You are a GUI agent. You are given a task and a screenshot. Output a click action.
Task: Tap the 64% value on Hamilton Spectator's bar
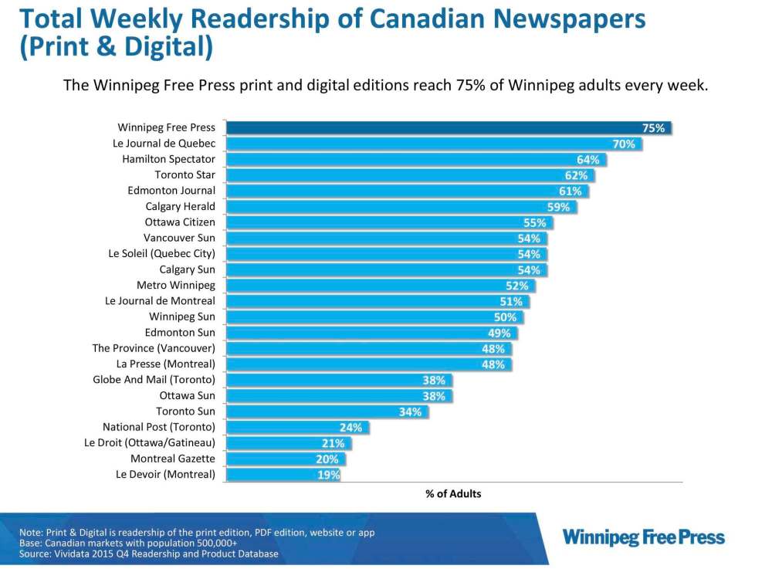point(588,160)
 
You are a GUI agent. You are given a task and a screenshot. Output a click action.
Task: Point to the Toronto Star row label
point(185,175)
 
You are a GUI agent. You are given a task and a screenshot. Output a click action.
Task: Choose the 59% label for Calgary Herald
point(558,207)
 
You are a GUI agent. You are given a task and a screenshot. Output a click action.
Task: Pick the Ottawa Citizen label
point(180,222)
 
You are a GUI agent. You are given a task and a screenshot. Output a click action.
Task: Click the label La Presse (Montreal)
point(166,364)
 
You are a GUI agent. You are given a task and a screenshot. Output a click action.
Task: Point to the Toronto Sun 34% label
point(410,411)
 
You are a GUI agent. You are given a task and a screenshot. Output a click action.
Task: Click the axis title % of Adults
point(453,493)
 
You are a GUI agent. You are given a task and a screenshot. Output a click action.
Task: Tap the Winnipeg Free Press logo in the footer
point(644,537)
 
